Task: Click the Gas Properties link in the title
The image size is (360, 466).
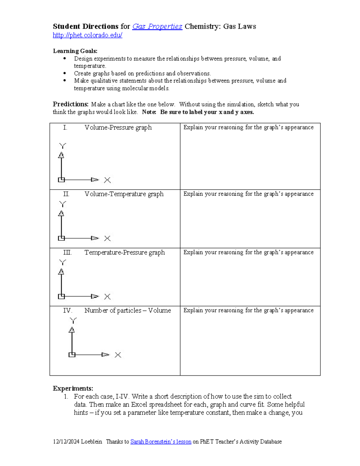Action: tap(157, 26)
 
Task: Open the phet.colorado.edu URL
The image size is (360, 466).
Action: tap(87, 35)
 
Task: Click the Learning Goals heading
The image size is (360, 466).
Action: tap(75, 51)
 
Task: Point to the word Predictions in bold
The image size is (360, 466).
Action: tap(70, 104)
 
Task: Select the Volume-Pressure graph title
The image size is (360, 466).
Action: tap(118, 128)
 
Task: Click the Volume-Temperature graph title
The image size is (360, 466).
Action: tap(124, 194)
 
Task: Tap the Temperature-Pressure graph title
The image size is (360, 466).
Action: tap(124, 252)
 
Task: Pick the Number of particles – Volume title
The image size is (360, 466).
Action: tap(127, 311)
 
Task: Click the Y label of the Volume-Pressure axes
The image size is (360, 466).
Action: tap(62, 146)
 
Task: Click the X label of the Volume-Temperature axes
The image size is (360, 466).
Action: tap(107, 239)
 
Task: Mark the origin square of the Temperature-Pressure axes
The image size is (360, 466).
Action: tap(61, 296)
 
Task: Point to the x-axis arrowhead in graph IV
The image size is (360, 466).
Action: tap(105, 355)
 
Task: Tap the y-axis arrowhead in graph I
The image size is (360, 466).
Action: tap(61, 155)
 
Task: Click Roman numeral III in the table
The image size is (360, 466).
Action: tap(67, 252)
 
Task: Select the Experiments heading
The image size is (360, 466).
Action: tap(73, 388)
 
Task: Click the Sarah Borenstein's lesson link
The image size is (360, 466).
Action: tap(161, 442)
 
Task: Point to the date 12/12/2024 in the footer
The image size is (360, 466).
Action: tap(66, 442)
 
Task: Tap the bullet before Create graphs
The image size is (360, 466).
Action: tap(64, 73)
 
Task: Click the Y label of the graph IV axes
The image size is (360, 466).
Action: tap(73, 320)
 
